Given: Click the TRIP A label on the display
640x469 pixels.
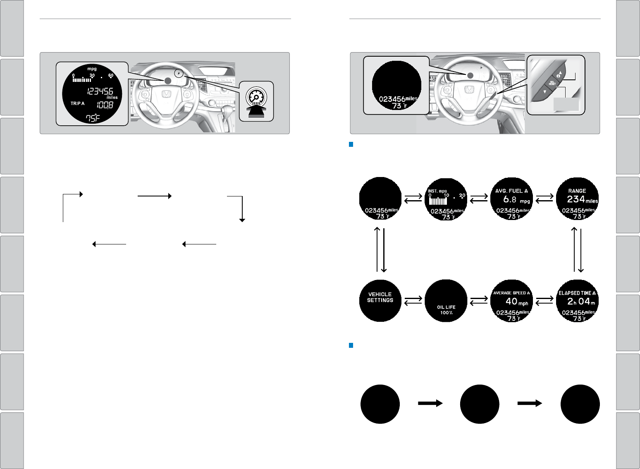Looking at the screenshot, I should pyautogui.click(x=77, y=103).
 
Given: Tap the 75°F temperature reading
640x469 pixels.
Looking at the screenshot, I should pyautogui.click(x=93, y=118).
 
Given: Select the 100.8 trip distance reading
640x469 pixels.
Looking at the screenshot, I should pyautogui.click(x=105, y=105).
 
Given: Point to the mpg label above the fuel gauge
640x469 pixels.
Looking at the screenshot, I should pyautogui.click(x=92, y=69).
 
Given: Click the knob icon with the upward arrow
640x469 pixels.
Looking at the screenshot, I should pyautogui.click(x=256, y=102).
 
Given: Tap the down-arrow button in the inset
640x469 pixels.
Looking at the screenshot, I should pyautogui.click(x=545, y=92).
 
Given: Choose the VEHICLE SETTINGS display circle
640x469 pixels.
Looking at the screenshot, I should pyautogui.click(x=380, y=301).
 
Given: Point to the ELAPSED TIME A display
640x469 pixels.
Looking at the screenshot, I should pyautogui.click(x=578, y=301).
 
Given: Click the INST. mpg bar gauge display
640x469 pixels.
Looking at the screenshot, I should pyautogui.click(x=446, y=199).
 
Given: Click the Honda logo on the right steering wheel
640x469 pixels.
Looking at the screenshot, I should pyautogui.click(x=469, y=90).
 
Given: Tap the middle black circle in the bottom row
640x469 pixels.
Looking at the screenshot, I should pyautogui.click(x=480, y=404).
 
